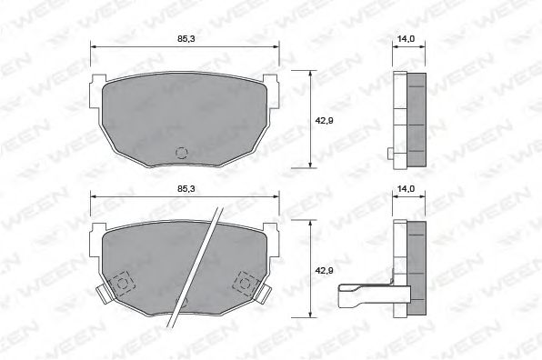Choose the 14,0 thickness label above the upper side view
tap(406, 39)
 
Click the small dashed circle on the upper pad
tap(180, 152)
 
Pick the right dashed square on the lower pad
tap(243, 281)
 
